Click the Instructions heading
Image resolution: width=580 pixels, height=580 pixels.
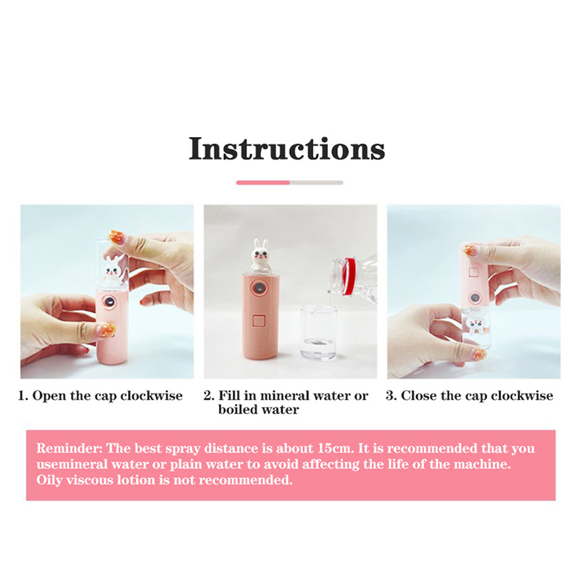coord(287,149)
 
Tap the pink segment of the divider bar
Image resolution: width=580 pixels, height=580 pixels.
coord(263,183)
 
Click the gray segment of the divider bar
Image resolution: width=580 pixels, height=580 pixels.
coord(317,183)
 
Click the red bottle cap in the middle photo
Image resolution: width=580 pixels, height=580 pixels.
coord(349,276)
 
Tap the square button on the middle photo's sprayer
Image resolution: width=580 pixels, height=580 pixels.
coord(259,320)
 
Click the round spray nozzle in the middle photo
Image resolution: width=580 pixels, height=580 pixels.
coord(259,287)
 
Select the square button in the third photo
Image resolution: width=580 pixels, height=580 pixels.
coord(474,273)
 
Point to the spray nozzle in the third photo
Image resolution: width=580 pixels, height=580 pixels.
coord(474,297)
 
